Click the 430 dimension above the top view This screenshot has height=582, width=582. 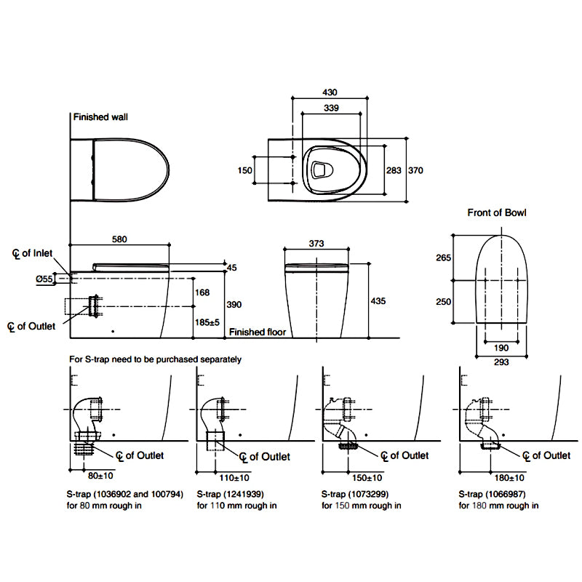tap(331, 92)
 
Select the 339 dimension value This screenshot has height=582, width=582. tap(331, 108)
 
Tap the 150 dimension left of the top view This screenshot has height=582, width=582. tap(244, 170)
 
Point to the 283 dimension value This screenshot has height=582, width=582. tap(394, 170)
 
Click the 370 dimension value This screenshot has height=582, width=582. tap(415, 170)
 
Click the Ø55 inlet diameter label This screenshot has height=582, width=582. tap(44, 279)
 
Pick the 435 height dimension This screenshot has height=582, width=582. tap(379, 300)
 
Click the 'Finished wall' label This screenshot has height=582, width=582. tap(100, 116)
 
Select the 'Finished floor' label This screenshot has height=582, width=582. tap(258, 332)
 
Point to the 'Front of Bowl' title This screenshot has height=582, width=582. tap(496, 213)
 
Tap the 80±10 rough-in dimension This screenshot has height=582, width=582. tap(92, 477)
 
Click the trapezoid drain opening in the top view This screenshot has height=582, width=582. tap(319, 170)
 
